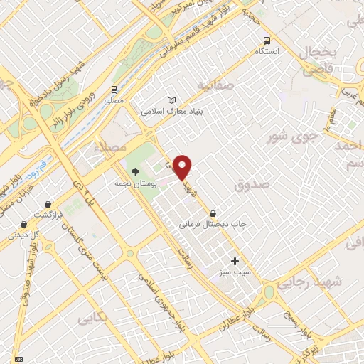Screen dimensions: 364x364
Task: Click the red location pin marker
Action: pos(183,167)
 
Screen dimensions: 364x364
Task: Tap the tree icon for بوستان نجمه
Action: pos(135,171)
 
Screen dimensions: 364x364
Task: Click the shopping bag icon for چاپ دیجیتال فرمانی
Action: pos(213,213)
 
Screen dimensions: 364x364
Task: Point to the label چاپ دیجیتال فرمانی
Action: pos(213,225)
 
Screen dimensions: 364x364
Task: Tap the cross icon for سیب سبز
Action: pos(235,261)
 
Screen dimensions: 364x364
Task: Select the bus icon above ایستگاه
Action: pos(267,40)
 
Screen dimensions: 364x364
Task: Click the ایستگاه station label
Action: pos(268,52)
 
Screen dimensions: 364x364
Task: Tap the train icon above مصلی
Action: pos(114,89)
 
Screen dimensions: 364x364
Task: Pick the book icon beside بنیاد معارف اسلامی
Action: pos(170,100)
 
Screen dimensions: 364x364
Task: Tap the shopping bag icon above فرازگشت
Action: pos(48,204)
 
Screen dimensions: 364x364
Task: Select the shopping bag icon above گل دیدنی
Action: pos(14,223)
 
